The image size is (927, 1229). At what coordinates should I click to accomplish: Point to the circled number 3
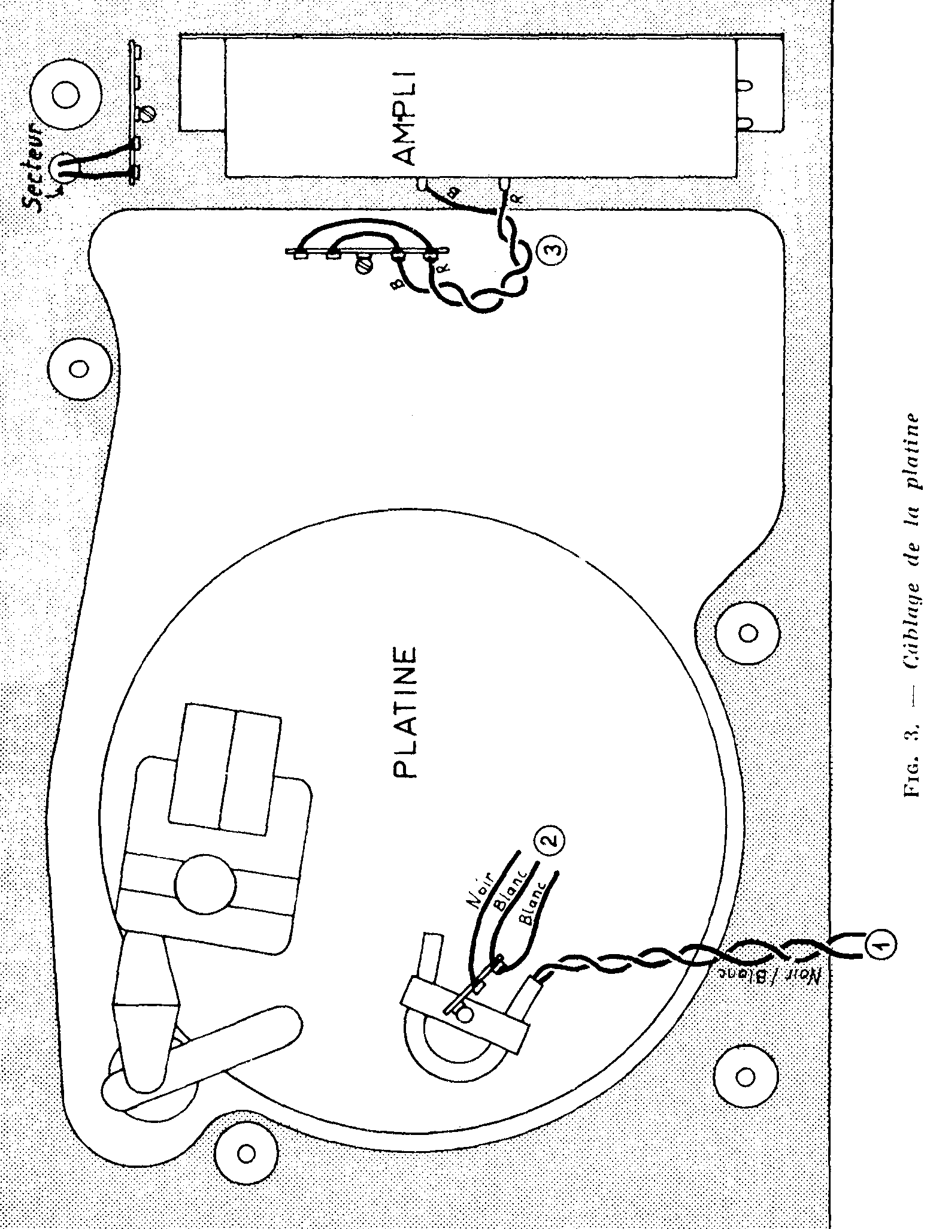(x=550, y=247)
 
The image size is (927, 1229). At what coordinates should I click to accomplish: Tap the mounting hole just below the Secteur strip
(x=78, y=368)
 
